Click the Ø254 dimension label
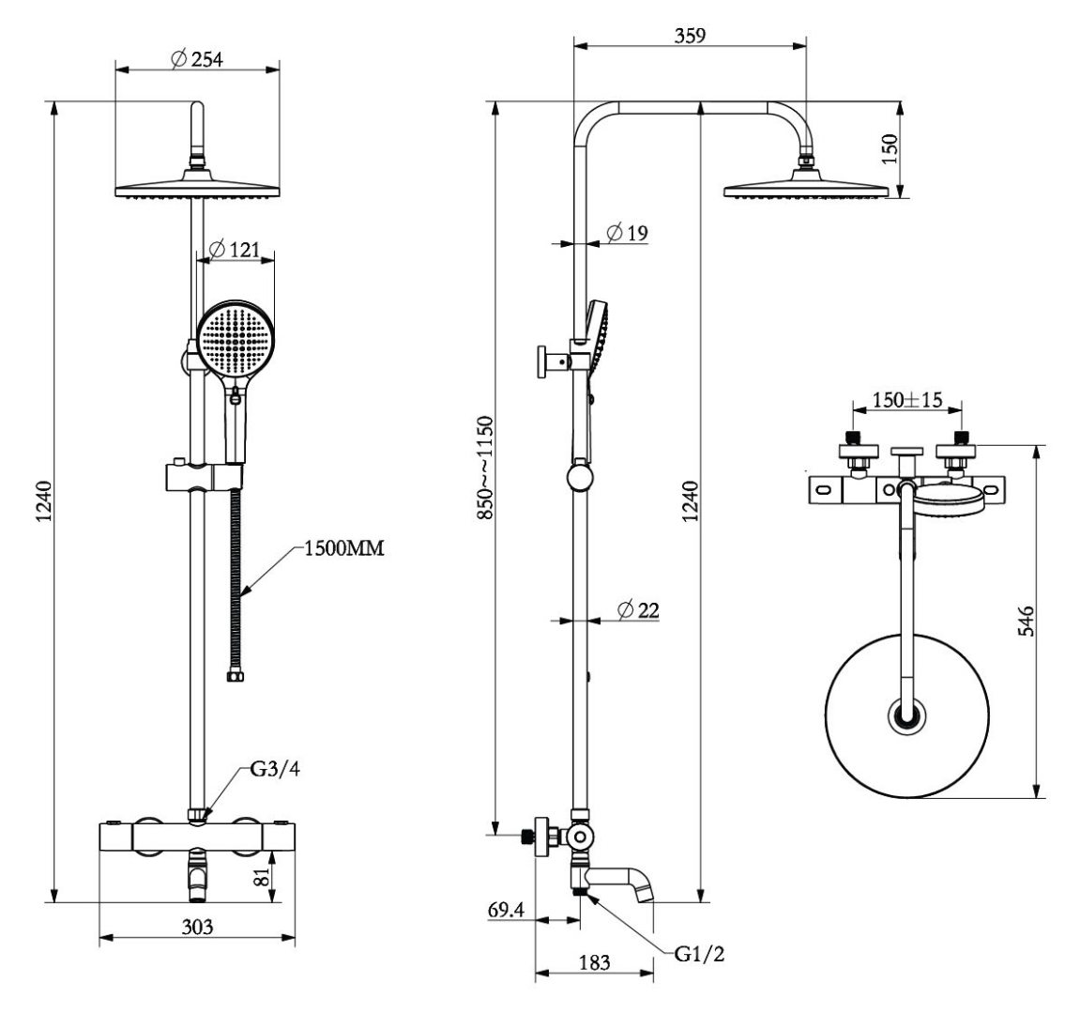point(198,59)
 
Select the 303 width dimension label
point(196,927)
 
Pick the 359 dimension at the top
point(689,35)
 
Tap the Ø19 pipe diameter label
point(628,233)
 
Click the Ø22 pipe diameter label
point(638,610)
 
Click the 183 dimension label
point(594,962)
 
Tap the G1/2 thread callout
point(700,956)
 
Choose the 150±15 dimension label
point(906,400)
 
